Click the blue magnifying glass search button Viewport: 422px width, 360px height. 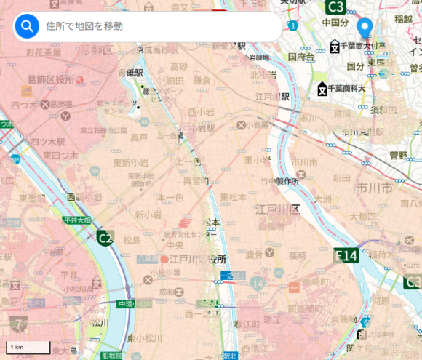(x=27, y=27)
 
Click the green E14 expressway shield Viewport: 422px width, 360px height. (x=346, y=255)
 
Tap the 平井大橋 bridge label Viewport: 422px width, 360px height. (x=76, y=220)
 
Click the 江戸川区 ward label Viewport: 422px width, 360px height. (x=277, y=209)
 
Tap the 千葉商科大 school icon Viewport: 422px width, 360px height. (x=322, y=89)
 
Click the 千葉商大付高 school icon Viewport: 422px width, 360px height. (x=334, y=47)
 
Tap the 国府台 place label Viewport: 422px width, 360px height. (x=300, y=57)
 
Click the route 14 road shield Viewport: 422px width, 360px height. (x=257, y=281)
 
